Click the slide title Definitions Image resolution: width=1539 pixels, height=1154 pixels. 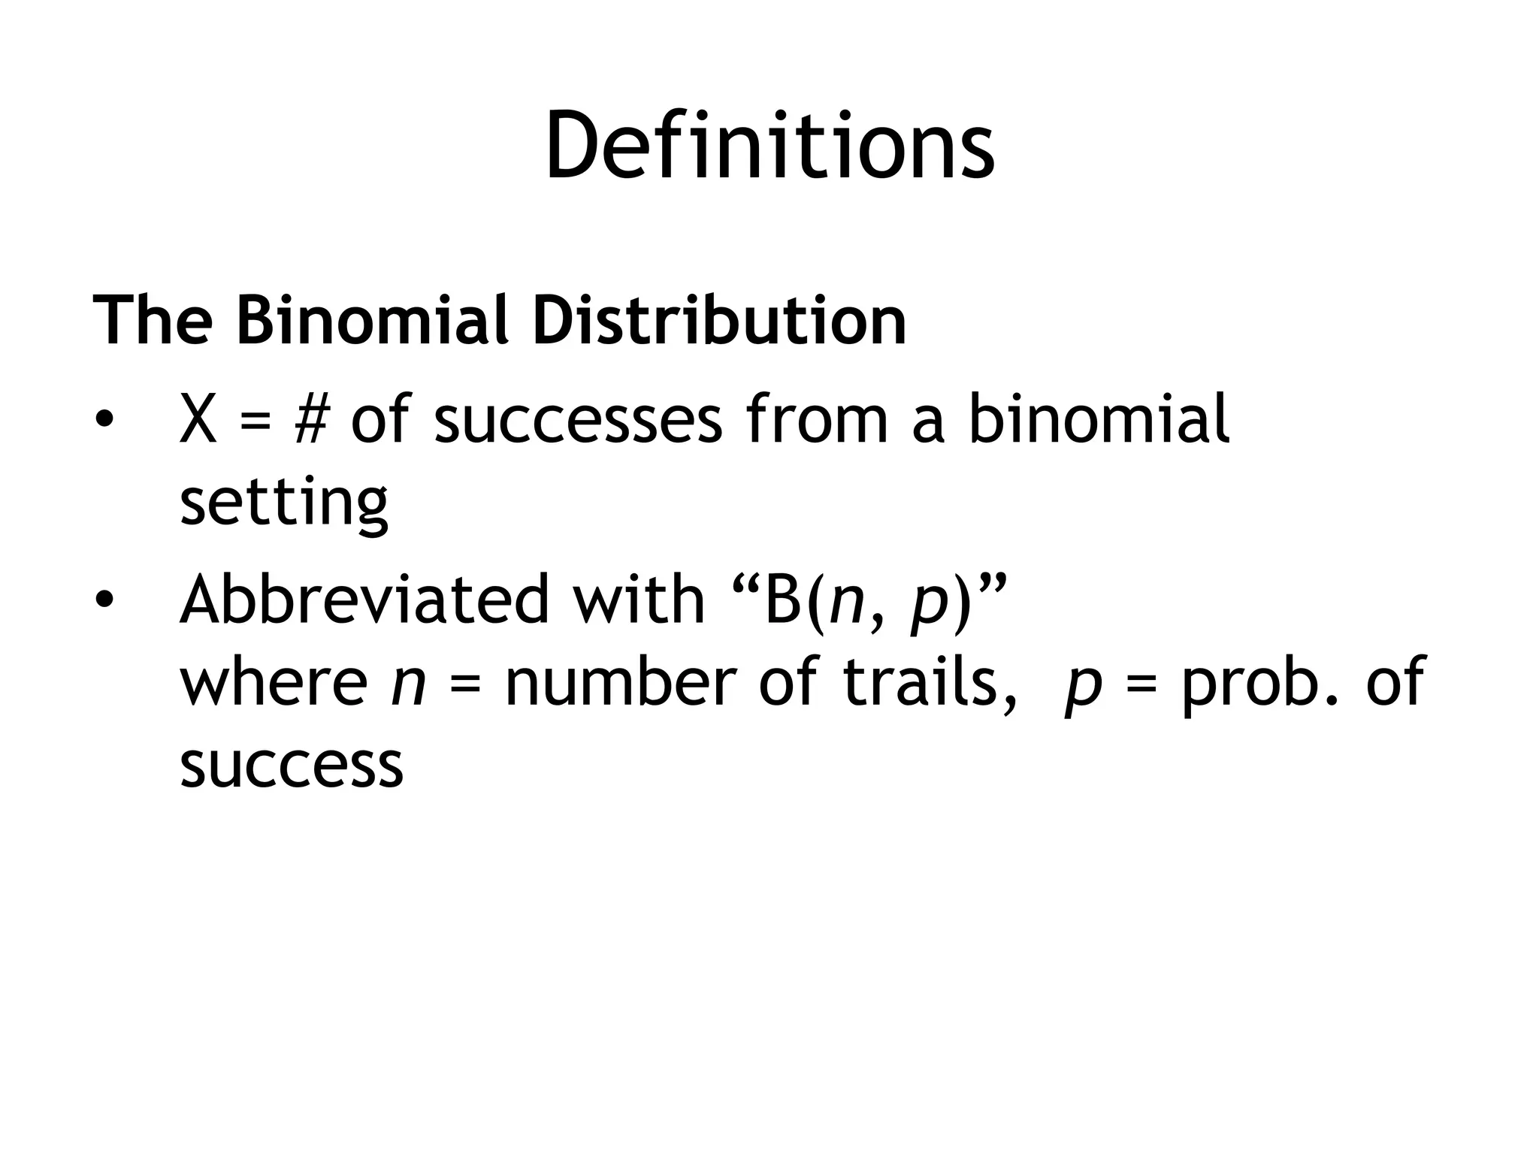coord(769,144)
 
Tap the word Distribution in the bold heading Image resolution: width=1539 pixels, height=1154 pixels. coord(719,321)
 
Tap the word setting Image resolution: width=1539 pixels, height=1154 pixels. coord(284,503)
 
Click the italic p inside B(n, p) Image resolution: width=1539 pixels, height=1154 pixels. coord(929,606)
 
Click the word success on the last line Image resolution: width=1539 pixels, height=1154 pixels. coord(292,766)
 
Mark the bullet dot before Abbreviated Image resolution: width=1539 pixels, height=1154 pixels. coord(104,600)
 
